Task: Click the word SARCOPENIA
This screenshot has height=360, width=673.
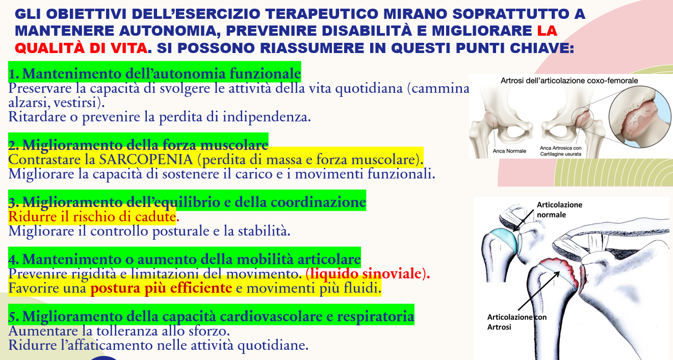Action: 146,159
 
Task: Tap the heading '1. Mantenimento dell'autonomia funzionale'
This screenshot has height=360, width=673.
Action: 154,73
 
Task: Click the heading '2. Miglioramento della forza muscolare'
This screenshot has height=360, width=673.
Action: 138,145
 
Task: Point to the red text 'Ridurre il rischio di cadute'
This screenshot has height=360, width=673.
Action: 92,217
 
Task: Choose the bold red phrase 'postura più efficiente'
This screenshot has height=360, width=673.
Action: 161,288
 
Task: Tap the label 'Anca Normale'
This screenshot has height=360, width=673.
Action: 509,151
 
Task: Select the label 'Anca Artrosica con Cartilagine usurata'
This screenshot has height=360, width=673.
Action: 561,151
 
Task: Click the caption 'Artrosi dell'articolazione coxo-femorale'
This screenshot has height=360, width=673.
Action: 570,81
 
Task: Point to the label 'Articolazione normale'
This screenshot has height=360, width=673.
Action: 559,210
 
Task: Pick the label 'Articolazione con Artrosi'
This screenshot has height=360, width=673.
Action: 517,322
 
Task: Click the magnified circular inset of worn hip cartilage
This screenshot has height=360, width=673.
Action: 640,117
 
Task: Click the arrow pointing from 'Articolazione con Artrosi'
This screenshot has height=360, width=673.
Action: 539,291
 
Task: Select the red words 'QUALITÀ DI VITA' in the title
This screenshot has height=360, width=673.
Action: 81,48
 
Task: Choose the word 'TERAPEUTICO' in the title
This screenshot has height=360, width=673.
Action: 322,14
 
